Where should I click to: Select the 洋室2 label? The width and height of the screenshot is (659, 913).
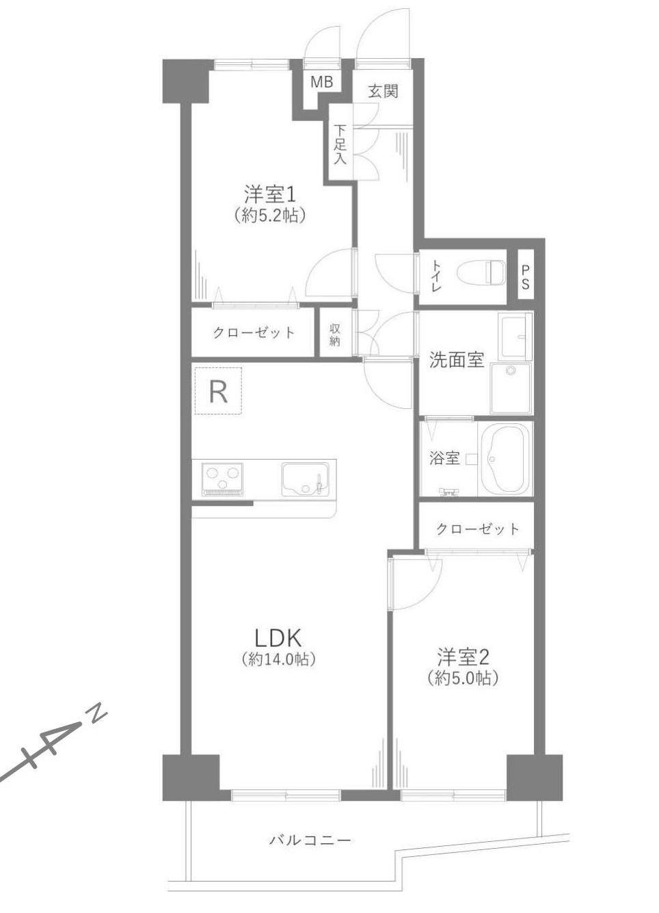(x=463, y=657)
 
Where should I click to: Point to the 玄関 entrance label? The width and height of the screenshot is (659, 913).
(x=383, y=90)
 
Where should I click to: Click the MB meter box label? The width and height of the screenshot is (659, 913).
(x=321, y=82)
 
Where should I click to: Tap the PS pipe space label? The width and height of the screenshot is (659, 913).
(x=525, y=277)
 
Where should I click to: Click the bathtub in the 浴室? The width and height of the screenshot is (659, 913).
(x=505, y=459)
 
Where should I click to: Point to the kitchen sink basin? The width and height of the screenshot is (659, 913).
(x=304, y=478)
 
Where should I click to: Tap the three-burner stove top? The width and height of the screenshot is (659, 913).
(x=222, y=477)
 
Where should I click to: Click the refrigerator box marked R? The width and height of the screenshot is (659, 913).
(x=218, y=392)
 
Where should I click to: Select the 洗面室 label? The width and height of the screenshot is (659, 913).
(x=456, y=360)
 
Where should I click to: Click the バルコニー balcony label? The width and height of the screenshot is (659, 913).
(x=310, y=839)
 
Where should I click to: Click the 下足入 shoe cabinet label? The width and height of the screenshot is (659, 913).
(x=340, y=144)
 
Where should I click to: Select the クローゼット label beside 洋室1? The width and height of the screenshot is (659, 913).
(x=254, y=333)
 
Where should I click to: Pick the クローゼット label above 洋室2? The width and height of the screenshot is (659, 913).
(x=477, y=529)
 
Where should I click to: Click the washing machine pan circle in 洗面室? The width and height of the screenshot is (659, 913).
(x=511, y=371)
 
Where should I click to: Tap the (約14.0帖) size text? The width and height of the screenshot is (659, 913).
(x=278, y=660)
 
